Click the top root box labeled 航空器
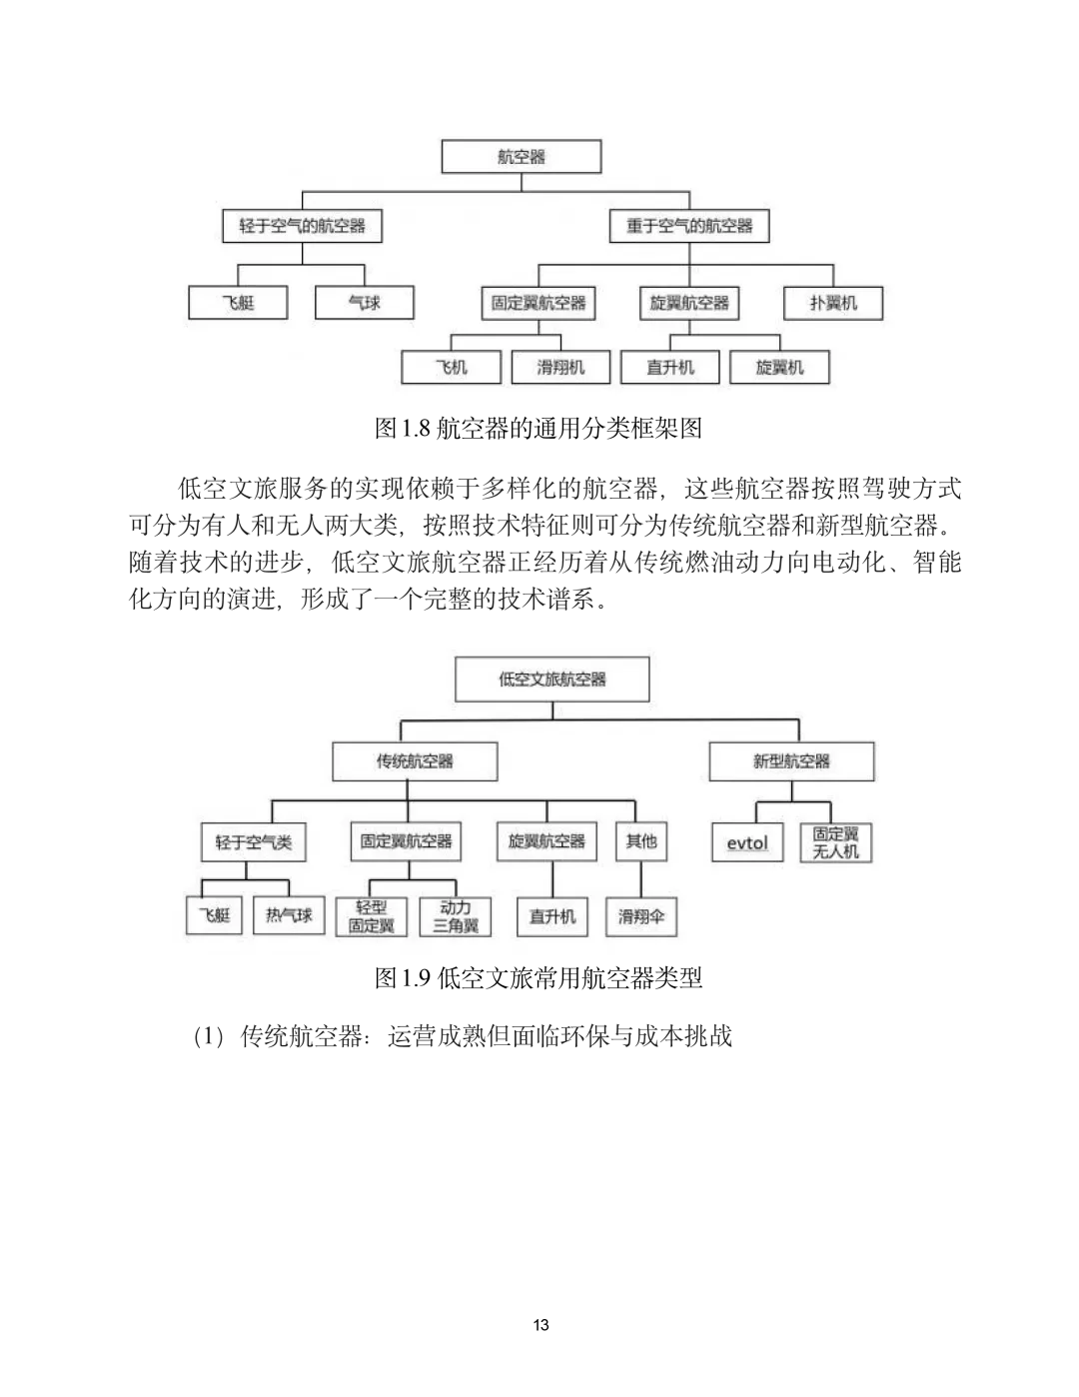[x=522, y=157]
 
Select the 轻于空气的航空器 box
[x=302, y=226]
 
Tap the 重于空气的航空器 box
[x=689, y=226]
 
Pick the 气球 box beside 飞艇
[x=364, y=303]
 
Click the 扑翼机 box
[x=833, y=303]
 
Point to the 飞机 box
[x=452, y=367]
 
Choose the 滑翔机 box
[x=560, y=367]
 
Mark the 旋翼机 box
[x=779, y=367]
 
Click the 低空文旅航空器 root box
[x=552, y=680]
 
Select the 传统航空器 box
[x=415, y=761]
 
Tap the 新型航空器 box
[x=791, y=761]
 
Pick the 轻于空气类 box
[x=254, y=842]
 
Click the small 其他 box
[x=641, y=841]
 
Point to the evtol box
[x=747, y=843]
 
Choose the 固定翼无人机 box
[x=836, y=842]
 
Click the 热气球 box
[x=289, y=915]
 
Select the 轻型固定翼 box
[x=372, y=916]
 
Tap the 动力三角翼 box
[x=456, y=916]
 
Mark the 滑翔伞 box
[x=641, y=916]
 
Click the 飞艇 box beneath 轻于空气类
[x=214, y=915]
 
